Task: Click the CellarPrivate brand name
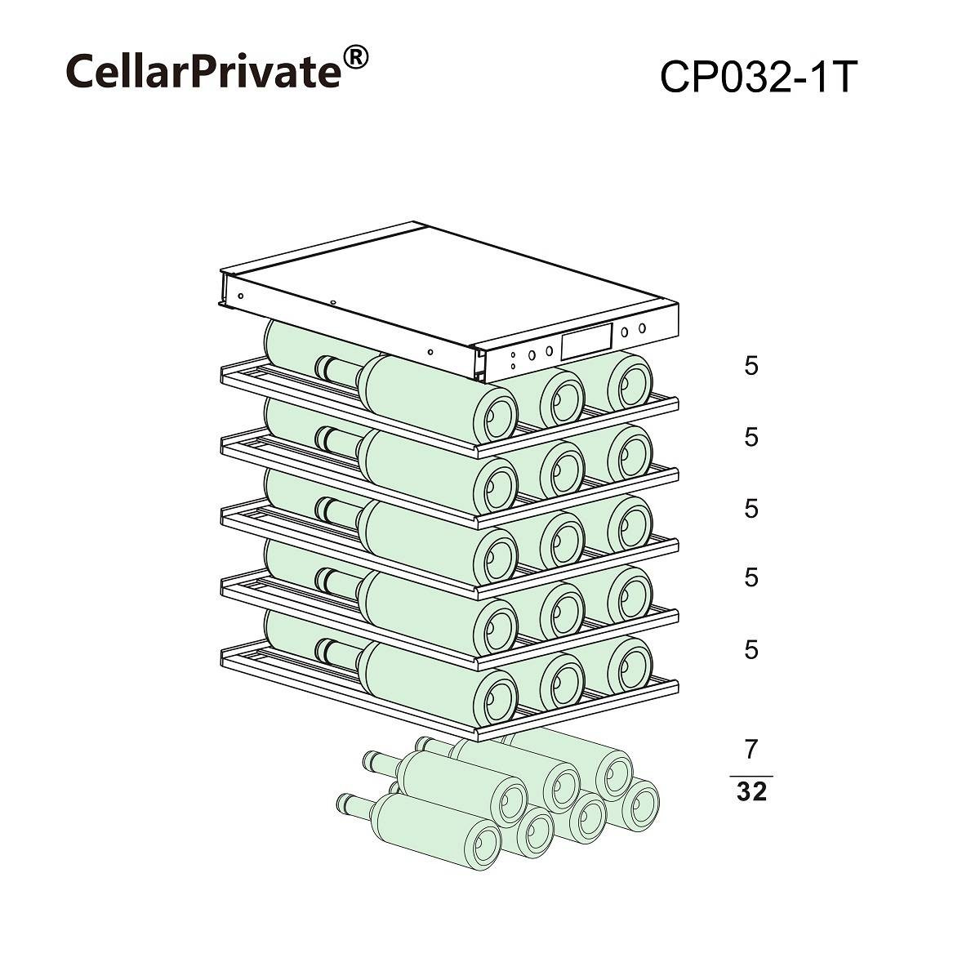tap(203, 71)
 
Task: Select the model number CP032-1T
tap(759, 77)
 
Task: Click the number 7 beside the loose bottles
tap(751, 749)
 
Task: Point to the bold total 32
tap(751, 791)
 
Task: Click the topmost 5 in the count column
tap(751, 366)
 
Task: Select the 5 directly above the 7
tap(751, 649)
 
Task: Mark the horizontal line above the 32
tap(751, 776)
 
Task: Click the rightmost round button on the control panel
tap(643, 328)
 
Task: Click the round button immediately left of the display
tap(550, 350)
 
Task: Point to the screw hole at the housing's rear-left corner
tap(241, 296)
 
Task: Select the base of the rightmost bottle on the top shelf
tap(630, 382)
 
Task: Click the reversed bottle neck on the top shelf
tap(336, 372)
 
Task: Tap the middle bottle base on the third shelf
tap(563, 539)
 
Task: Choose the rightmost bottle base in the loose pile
tap(639, 804)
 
